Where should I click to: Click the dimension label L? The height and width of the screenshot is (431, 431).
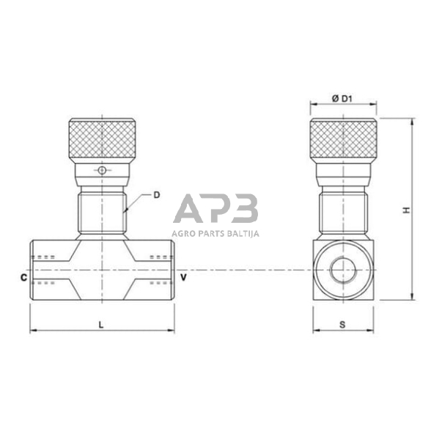click(102, 323)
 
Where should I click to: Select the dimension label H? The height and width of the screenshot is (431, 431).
click(405, 210)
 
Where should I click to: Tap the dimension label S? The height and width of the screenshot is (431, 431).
click(343, 323)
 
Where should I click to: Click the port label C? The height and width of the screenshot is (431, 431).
click(24, 279)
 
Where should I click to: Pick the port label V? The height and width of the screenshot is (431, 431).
click(183, 279)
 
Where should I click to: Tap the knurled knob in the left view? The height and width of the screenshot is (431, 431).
click(102, 141)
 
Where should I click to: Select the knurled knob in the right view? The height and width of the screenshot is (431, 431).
click(343, 141)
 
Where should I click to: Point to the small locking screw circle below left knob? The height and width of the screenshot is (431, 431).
click(102, 172)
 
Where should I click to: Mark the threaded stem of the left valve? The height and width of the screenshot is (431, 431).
click(102, 213)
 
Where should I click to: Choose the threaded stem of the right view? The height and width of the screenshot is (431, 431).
click(343, 213)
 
